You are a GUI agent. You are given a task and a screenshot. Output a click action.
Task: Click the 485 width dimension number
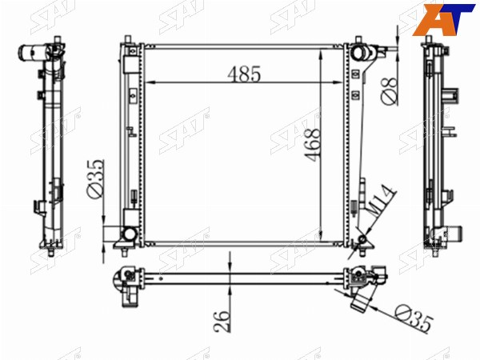pyautogui.click(x=244, y=74)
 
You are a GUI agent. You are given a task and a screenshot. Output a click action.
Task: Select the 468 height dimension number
pyautogui.click(x=313, y=145)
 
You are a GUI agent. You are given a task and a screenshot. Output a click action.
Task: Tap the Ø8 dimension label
pyautogui.click(x=389, y=91)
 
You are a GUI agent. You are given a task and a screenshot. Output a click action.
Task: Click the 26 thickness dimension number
pyautogui.click(x=222, y=321)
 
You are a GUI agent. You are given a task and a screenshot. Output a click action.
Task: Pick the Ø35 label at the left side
pyautogui.click(x=95, y=178)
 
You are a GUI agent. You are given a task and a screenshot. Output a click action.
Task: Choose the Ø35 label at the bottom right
pyautogui.click(x=414, y=319)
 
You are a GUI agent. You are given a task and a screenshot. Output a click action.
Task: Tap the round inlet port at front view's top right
pyautogui.click(x=358, y=52)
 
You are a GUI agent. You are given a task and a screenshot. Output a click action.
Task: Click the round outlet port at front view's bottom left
pyautogui.click(x=129, y=234)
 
